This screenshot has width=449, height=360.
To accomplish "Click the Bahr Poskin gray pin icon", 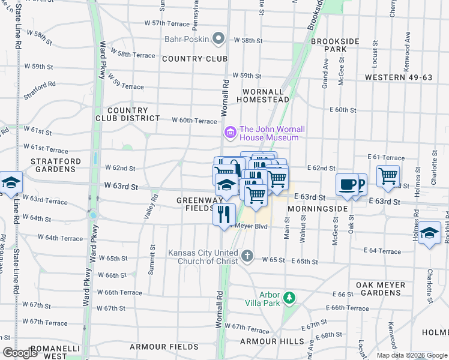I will pyautogui.click(x=219, y=40).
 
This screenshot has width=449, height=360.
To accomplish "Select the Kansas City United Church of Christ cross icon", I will pyautogui.click(x=247, y=257).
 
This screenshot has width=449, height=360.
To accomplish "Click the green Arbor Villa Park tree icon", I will pyautogui.click(x=289, y=298).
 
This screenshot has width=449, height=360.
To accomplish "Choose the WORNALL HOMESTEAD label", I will pyautogui.click(x=266, y=95).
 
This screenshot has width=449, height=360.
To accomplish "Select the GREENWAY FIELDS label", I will pyautogui.click(x=196, y=204).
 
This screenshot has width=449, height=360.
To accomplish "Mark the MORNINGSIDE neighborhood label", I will pyautogui.click(x=318, y=208).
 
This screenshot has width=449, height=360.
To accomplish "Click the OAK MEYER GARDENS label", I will pyautogui.click(x=378, y=289).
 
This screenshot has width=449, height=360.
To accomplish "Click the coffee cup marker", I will pyautogui.click(x=346, y=185).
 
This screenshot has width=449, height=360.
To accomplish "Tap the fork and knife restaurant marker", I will pyautogui.click(x=224, y=215).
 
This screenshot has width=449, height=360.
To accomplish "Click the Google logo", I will pyautogui.click(x=20, y=353).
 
